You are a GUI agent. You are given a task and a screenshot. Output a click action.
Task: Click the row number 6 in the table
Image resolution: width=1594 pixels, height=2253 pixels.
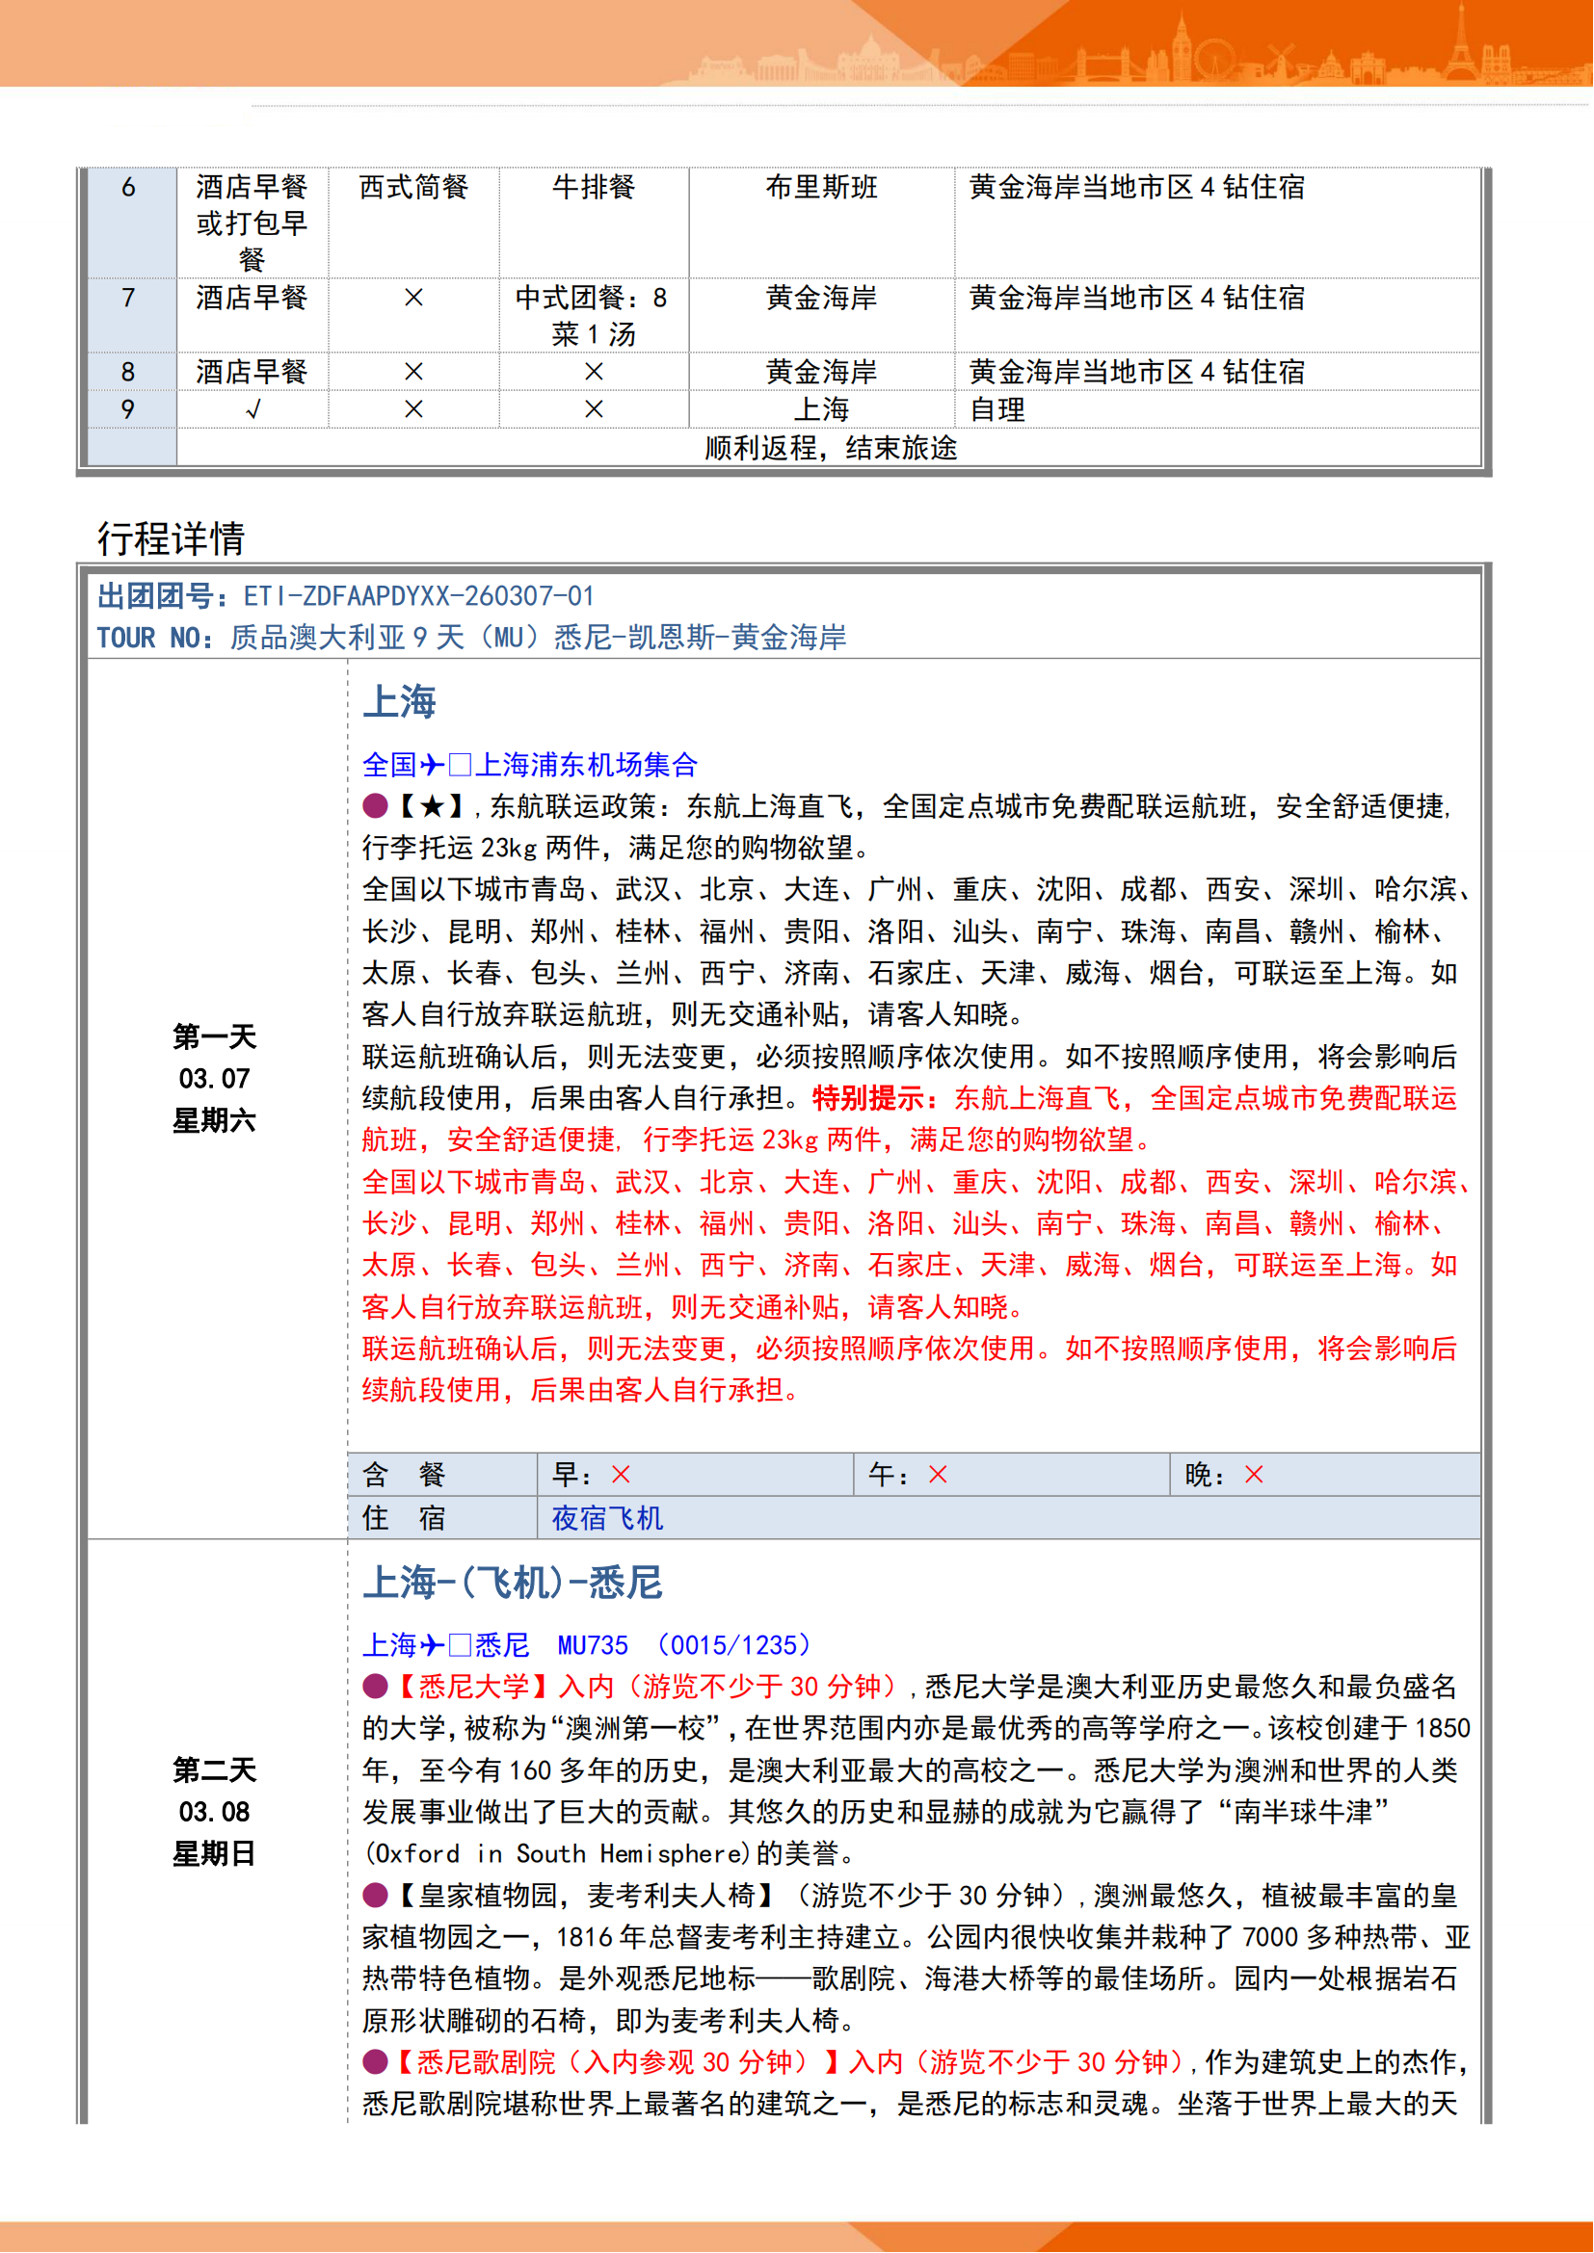point(128,188)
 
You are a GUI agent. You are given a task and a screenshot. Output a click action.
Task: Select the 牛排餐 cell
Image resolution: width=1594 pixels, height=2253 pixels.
point(594,188)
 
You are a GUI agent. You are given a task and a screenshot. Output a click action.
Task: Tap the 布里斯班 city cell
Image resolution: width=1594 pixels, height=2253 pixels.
point(821,188)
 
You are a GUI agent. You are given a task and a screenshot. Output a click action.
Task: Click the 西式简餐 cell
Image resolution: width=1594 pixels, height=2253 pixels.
point(413,188)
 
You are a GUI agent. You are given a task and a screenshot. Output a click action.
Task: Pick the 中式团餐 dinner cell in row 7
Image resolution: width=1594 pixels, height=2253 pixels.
point(593,315)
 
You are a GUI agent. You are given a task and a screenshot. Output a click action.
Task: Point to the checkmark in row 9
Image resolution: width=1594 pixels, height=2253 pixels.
point(253,410)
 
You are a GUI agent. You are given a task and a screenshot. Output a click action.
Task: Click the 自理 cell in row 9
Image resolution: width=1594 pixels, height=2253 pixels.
point(997,410)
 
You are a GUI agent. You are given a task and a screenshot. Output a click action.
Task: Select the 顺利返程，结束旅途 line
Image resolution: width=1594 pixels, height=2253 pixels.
point(831,449)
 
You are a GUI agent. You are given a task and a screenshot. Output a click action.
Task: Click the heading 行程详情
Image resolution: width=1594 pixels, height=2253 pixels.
point(171,538)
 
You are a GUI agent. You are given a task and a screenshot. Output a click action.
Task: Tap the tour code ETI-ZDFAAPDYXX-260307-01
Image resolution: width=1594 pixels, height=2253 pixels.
point(418,595)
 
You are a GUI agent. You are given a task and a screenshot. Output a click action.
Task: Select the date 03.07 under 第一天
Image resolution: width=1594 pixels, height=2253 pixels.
point(214,1079)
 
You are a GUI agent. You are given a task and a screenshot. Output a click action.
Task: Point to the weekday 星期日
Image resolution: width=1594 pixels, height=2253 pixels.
point(214,1853)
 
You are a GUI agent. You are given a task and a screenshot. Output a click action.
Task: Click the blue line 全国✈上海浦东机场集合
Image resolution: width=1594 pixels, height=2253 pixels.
point(530,765)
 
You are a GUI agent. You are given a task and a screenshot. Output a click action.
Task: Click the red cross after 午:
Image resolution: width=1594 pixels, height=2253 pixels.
point(939,1474)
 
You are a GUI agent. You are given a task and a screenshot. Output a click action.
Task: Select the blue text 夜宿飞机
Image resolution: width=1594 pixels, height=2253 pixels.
point(606,1518)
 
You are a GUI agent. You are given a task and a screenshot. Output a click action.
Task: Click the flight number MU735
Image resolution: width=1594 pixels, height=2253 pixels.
point(593,1644)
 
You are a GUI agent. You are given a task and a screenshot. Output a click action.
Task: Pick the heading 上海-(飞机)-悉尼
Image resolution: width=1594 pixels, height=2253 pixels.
point(513,1583)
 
